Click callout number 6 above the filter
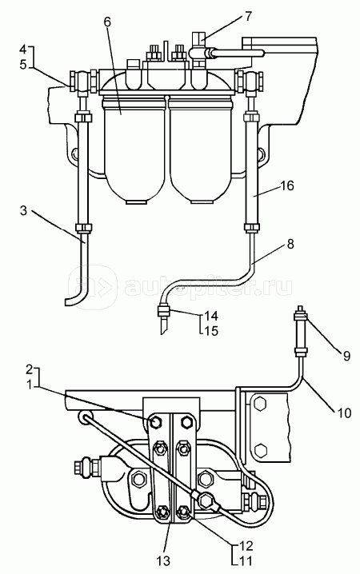click(x=106, y=22)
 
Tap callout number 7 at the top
click(x=248, y=17)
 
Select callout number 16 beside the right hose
click(x=287, y=185)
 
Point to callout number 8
click(x=290, y=244)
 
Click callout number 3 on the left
click(x=23, y=210)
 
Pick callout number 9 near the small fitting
click(x=346, y=356)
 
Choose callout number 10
click(x=343, y=413)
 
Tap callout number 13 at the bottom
click(x=163, y=560)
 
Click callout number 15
click(x=210, y=330)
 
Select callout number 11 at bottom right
click(x=246, y=560)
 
